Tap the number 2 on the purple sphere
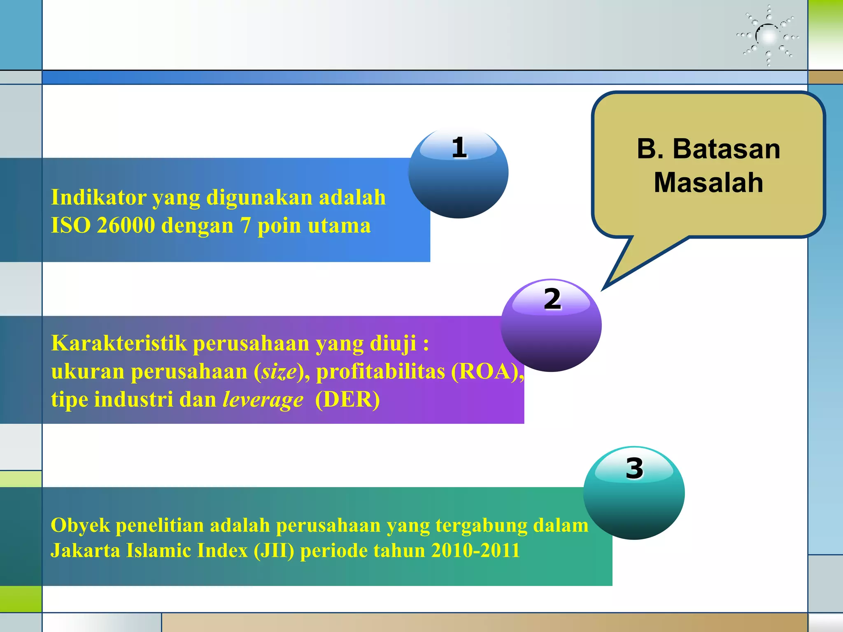pos(552,299)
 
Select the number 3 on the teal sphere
pos(634,468)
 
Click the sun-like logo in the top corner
pos(768,37)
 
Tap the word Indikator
pos(98,197)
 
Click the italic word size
pos(279,372)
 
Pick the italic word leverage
pos(263,400)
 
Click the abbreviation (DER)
pos(347,400)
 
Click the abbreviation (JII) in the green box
pos(274,551)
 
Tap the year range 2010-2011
pos(475,551)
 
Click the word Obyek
pos(80,525)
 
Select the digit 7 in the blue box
pos(245,225)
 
